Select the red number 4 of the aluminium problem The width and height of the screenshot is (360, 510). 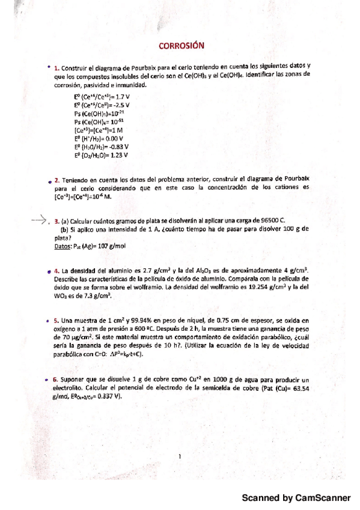(56, 272)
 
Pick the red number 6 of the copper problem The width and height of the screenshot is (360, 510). (56, 381)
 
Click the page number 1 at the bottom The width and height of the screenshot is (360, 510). (180, 456)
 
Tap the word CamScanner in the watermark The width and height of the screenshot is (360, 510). (324, 498)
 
